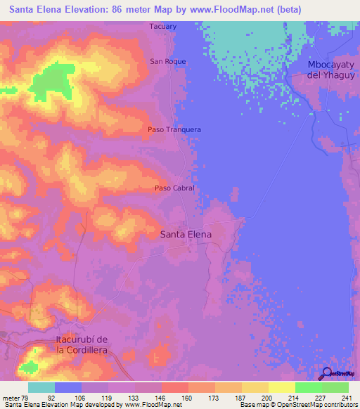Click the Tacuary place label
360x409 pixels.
tap(162, 27)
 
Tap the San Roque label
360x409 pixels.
tap(168, 62)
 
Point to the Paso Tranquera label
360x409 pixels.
tap(174, 129)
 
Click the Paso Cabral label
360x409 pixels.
tap(174, 188)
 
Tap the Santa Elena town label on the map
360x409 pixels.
tap(186, 235)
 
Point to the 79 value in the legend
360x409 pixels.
tap(27, 398)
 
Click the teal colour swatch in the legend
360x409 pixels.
tap(41, 387)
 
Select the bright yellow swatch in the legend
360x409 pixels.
tap(281, 387)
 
